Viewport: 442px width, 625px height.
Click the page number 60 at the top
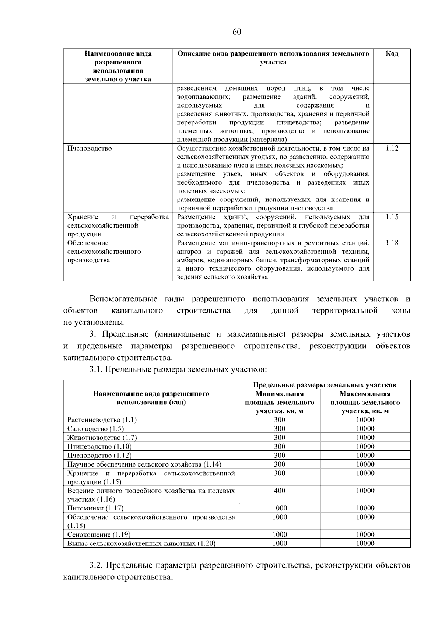click(x=237, y=32)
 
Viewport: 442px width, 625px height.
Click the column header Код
click(x=392, y=54)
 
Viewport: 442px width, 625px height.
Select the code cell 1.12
click(x=392, y=148)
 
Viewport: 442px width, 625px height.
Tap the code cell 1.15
click(x=392, y=217)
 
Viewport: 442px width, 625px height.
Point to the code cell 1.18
click(x=392, y=243)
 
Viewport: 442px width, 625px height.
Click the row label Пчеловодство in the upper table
click(x=90, y=148)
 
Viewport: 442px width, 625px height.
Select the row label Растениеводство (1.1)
click(x=102, y=420)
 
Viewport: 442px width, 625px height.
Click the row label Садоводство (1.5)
click(x=96, y=429)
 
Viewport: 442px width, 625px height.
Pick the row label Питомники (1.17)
click(x=95, y=508)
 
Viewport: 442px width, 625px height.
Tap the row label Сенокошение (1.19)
click(x=99, y=534)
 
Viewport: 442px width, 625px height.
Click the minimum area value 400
click(x=280, y=491)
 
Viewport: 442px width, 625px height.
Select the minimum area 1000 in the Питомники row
click(x=280, y=508)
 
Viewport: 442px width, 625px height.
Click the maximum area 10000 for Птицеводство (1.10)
click(x=365, y=446)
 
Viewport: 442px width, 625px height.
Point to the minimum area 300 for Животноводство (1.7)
click(x=280, y=438)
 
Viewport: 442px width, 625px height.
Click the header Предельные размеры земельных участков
click(x=325, y=385)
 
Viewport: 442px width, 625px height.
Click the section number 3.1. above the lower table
click(x=97, y=369)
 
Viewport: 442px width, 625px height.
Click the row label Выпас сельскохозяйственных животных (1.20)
click(x=141, y=543)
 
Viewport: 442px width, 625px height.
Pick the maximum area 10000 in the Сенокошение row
click(x=365, y=534)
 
